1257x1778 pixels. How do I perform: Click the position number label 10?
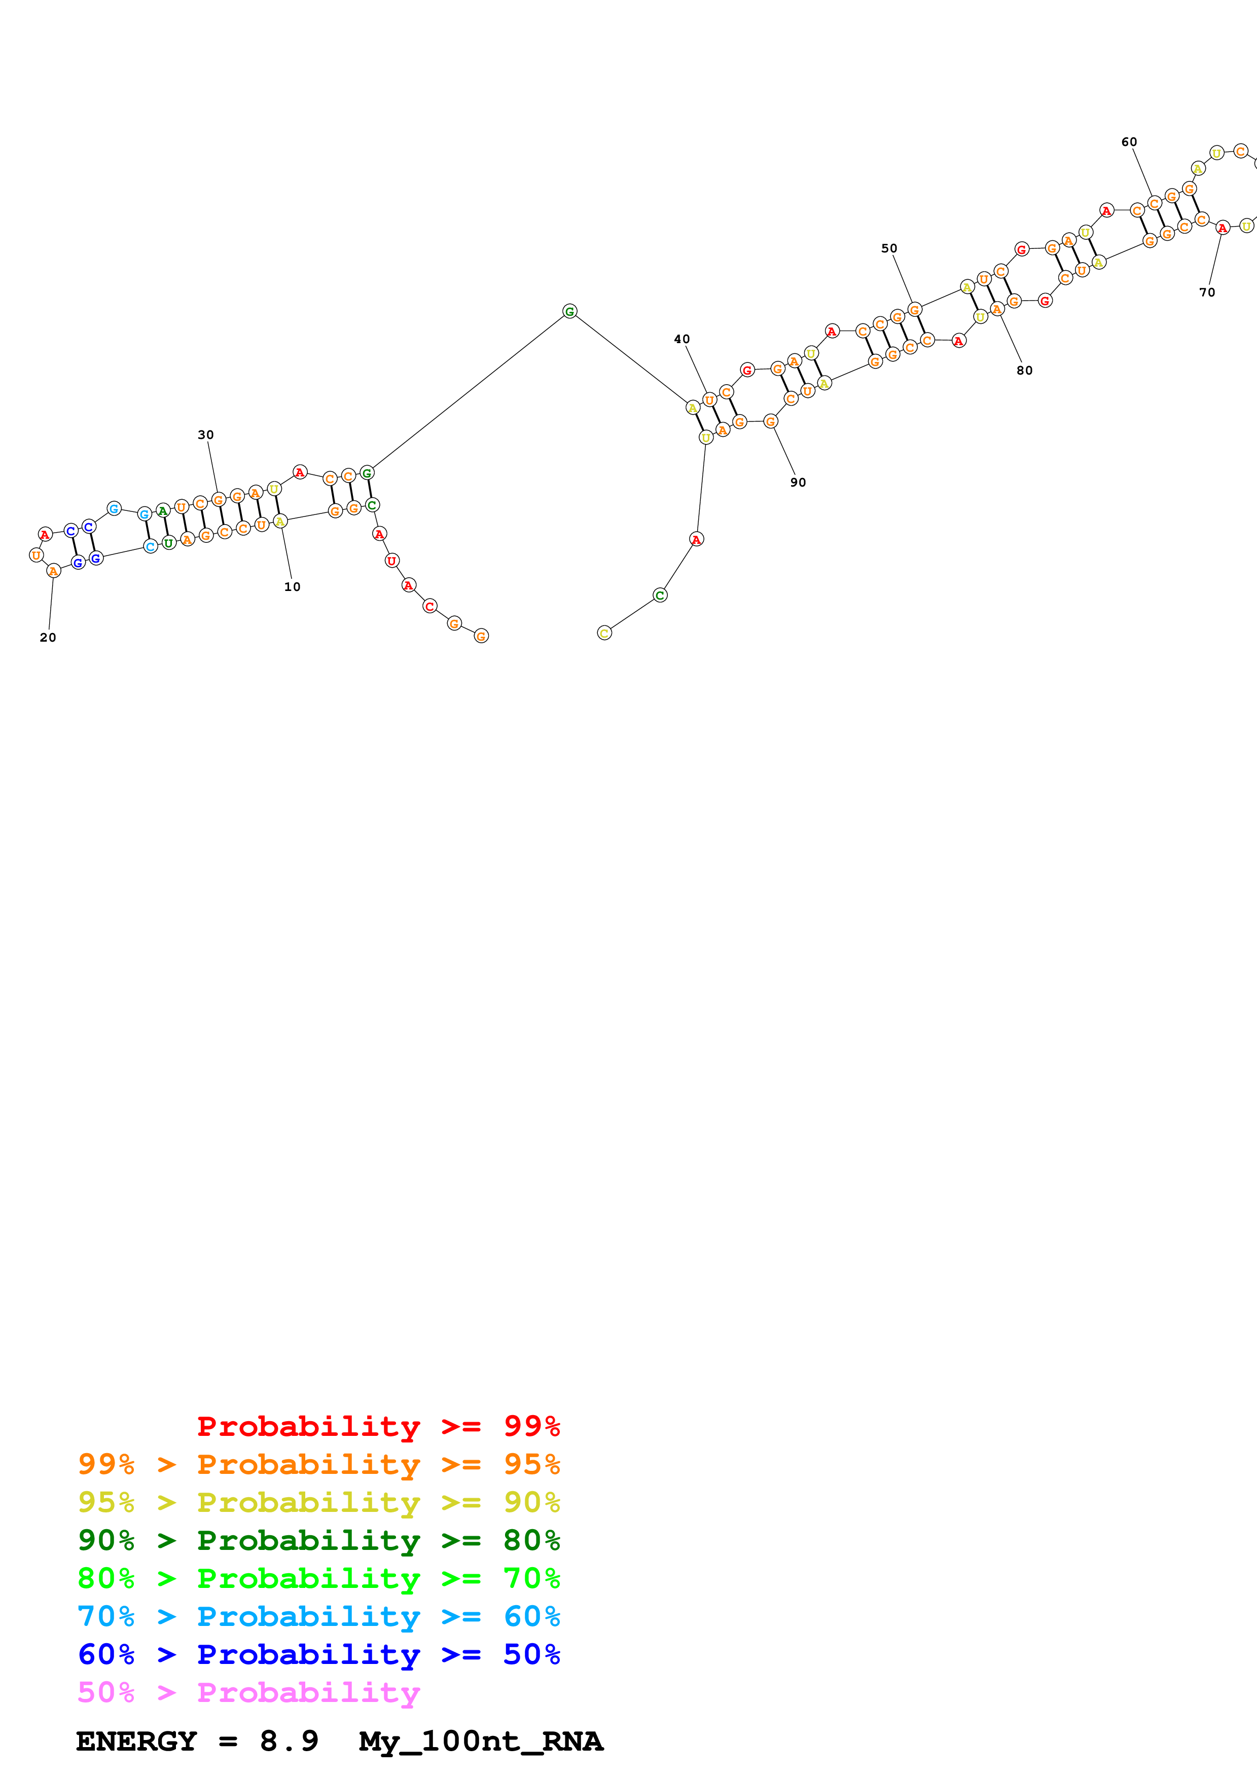[x=292, y=587]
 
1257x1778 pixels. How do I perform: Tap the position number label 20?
[x=48, y=637]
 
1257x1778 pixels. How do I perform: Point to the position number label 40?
[x=681, y=339]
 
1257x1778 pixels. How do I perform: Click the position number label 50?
[x=889, y=248]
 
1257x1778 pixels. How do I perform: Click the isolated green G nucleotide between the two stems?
[x=569, y=311]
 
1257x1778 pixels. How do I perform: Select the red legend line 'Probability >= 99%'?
[x=378, y=1426]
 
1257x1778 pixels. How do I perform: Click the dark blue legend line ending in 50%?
[x=318, y=1655]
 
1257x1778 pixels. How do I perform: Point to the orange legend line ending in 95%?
[x=318, y=1464]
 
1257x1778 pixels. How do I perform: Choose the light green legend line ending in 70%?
[x=318, y=1578]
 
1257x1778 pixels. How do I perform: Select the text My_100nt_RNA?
[x=480, y=1742]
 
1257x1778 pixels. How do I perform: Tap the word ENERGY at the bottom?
[x=136, y=1742]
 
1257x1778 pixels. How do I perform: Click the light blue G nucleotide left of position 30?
[x=114, y=509]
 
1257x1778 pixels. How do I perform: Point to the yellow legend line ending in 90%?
[x=318, y=1502]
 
